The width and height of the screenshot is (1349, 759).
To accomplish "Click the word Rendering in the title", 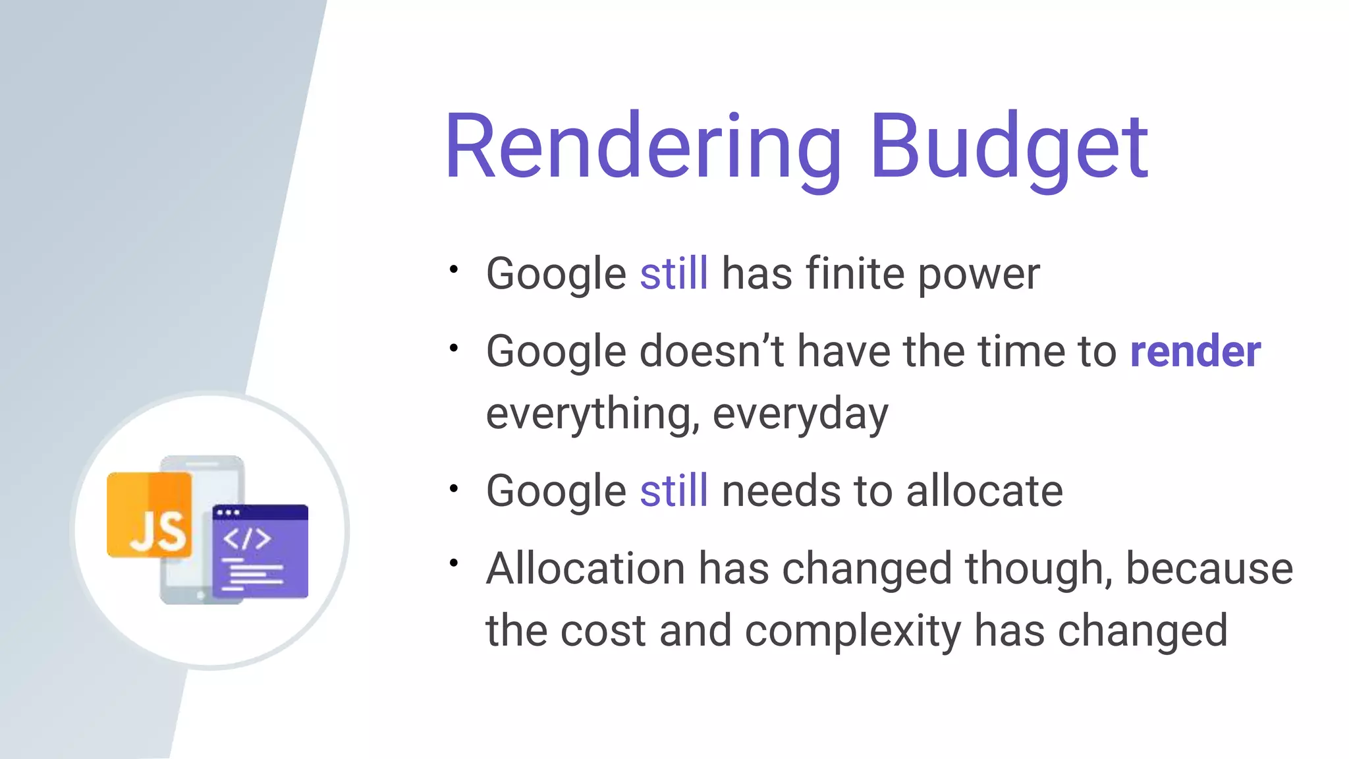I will click(x=643, y=148).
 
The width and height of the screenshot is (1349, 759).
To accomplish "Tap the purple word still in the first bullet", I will click(x=674, y=273).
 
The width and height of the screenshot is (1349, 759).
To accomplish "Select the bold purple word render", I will click(x=1196, y=351).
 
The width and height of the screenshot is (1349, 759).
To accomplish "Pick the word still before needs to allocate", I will click(x=674, y=491).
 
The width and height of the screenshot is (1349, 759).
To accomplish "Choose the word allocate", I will click(x=984, y=491).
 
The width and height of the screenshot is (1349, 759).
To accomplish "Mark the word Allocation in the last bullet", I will click(x=586, y=569).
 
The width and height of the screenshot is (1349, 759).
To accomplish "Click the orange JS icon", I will click(x=150, y=515).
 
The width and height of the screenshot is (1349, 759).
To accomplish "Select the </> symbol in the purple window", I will click(x=247, y=539).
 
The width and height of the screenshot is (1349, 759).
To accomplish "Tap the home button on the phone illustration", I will click(x=200, y=595).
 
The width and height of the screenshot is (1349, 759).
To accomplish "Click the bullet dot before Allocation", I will click(x=453, y=563).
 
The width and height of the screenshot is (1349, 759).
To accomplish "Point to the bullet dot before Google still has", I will click(x=453, y=269).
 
